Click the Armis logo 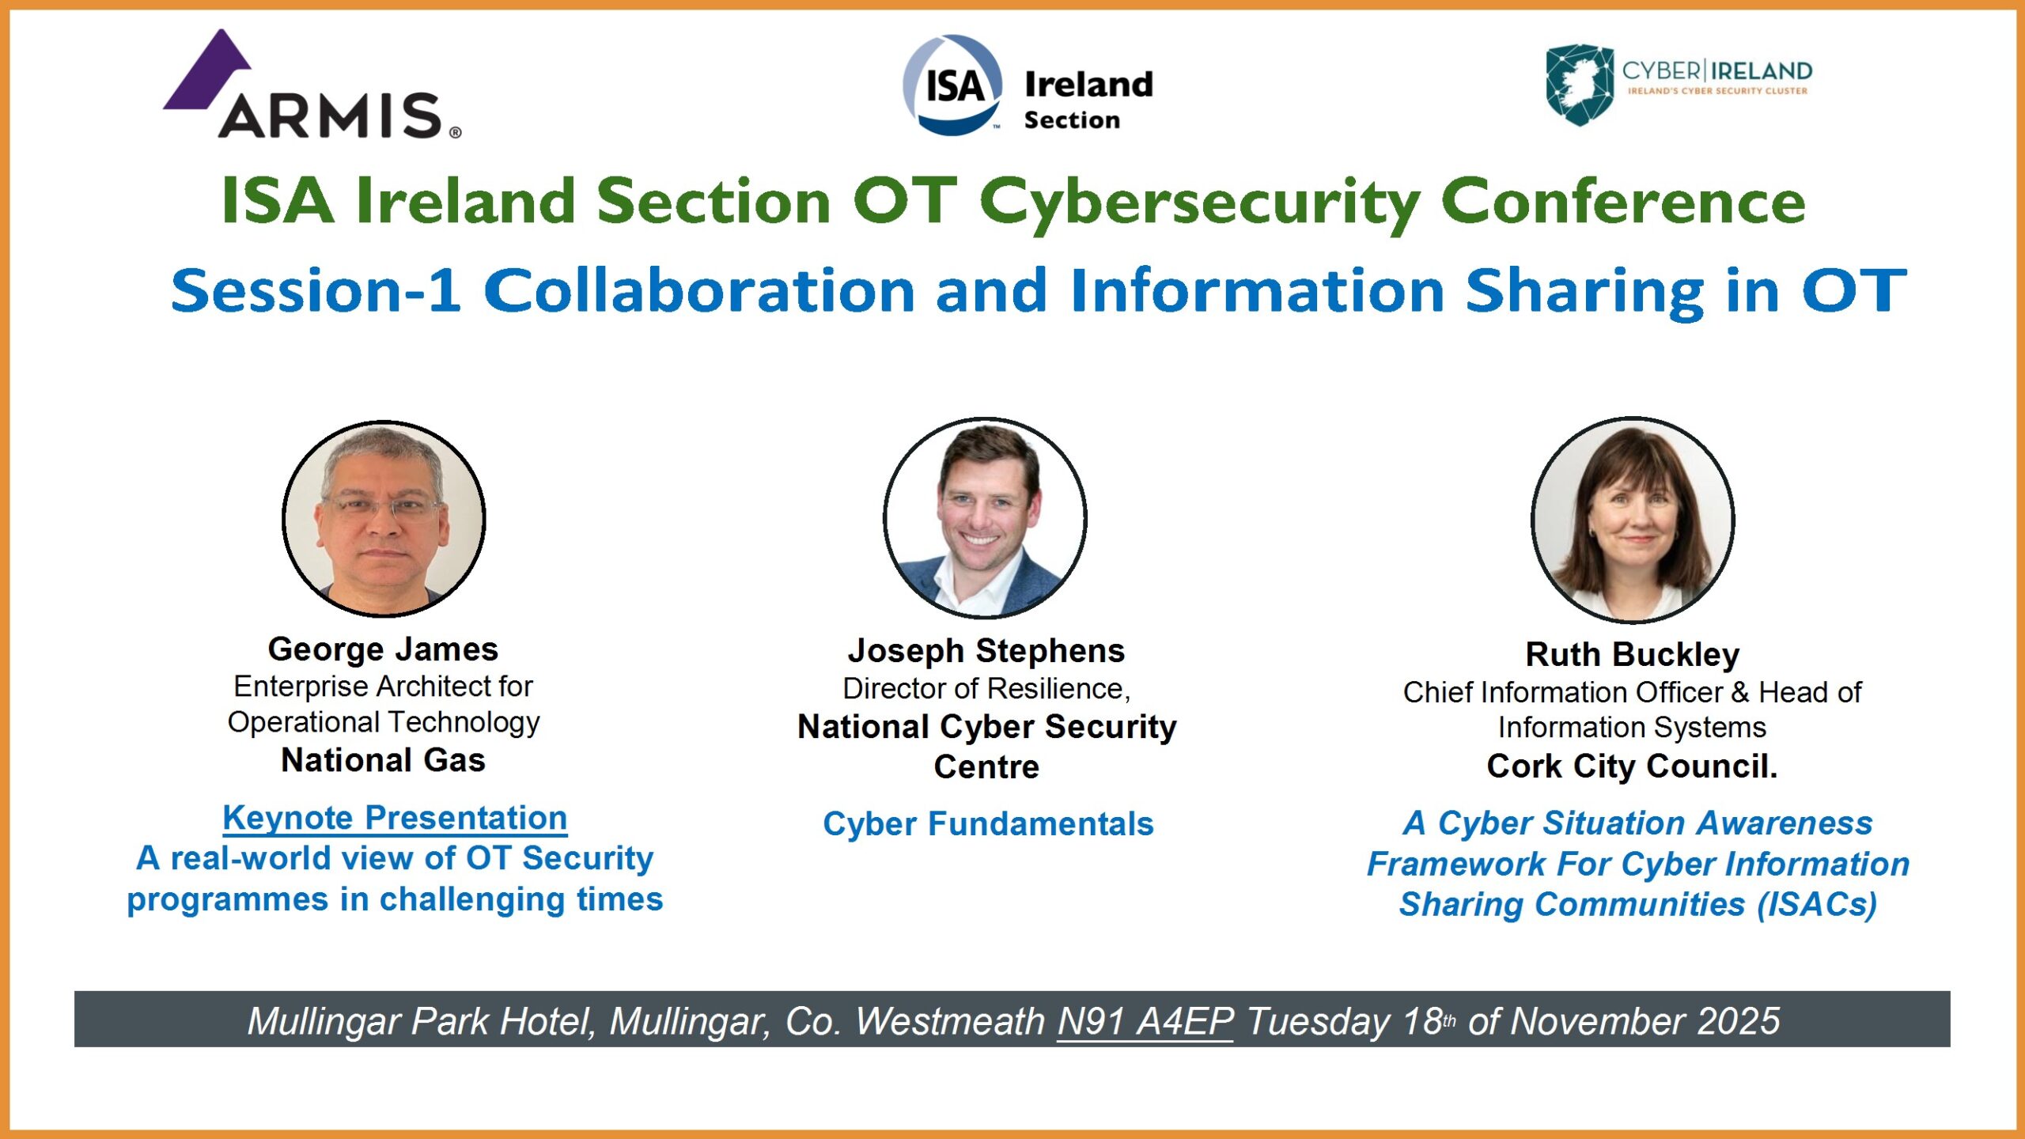point(312,85)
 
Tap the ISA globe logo point(952,85)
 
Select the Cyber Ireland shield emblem point(1580,85)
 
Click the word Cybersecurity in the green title point(1200,202)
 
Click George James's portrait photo point(384,519)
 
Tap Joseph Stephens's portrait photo point(985,517)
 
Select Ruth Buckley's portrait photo point(1633,520)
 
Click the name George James point(384,649)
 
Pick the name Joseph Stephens point(986,651)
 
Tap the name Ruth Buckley point(1633,655)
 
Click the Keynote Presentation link point(395,818)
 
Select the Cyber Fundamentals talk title point(989,823)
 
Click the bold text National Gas point(384,760)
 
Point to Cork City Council point(1633,766)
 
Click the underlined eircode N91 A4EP point(1145,1021)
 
